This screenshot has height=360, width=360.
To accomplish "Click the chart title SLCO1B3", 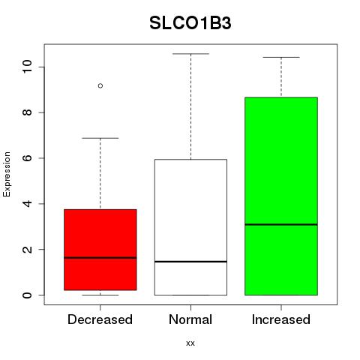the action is click(x=190, y=23).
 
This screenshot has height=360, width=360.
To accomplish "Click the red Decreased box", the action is click(x=100, y=250).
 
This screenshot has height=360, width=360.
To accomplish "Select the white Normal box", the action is click(x=190, y=227).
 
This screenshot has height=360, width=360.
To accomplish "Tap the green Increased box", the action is click(x=281, y=196).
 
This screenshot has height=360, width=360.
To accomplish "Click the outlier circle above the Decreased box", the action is click(x=100, y=85).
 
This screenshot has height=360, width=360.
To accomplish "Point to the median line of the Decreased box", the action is click(x=100, y=257).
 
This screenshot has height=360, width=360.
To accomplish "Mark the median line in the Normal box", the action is click(x=190, y=262).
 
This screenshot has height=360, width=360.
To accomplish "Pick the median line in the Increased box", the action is click(x=281, y=224).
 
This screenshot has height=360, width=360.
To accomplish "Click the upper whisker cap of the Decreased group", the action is click(x=100, y=138).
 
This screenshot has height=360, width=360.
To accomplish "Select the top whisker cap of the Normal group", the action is click(x=190, y=54).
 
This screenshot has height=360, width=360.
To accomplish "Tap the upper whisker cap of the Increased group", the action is click(x=281, y=57).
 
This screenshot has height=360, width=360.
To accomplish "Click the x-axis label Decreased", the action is click(x=100, y=319).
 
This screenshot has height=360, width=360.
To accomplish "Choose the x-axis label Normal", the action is click(x=190, y=319).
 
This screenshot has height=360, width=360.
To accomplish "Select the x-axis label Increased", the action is click(x=281, y=319).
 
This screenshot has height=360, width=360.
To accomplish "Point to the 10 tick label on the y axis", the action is click(x=27, y=67).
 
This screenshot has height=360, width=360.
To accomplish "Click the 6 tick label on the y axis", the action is click(x=27, y=158).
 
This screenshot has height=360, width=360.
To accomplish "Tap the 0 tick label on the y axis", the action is click(x=27, y=295).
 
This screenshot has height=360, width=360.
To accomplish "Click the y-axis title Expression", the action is click(x=7, y=174).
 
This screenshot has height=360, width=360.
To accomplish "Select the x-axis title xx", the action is click(x=190, y=343).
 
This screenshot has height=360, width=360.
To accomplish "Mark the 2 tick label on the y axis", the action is click(x=27, y=249).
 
